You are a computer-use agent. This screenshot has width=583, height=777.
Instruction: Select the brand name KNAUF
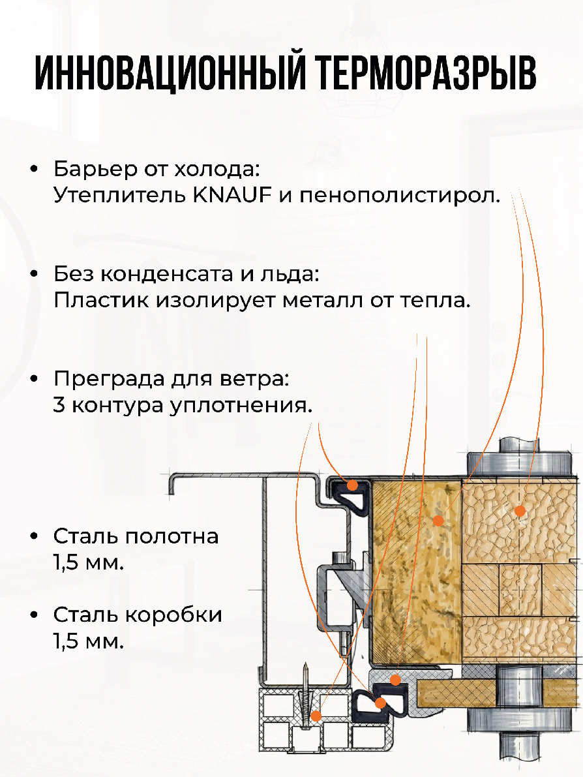pyautogui.click(x=232, y=195)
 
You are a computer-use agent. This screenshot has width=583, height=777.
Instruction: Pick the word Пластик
pyautogui.click(x=102, y=300)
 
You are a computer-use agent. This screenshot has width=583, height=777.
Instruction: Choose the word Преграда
pyautogui.click(x=110, y=380)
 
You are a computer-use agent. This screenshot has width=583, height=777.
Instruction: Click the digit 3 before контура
pyautogui.click(x=59, y=405)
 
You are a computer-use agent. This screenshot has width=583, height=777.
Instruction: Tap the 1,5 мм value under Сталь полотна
pyautogui.click(x=88, y=563)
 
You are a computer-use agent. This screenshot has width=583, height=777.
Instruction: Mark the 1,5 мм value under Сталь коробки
pyautogui.click(x=88, y=641)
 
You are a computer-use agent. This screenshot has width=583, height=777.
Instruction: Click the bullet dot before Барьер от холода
pyautogui.click(x=34, y=169)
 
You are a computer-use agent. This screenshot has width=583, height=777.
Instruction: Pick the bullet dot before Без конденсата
pyautogui.click(x=34, y=274)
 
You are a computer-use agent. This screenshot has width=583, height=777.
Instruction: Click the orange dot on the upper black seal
pyautogui.click(x=352, y=485)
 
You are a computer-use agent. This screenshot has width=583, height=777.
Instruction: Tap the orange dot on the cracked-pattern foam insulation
pyautogui.click(x=520, y=510)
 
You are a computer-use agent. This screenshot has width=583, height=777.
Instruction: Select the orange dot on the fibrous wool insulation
pyautogui.click(x=438, y=521)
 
